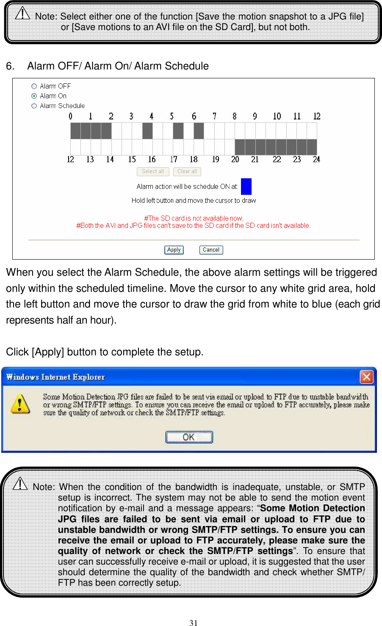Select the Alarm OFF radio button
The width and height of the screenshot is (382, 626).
pos(34,86)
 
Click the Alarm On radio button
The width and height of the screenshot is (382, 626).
pos(34,96)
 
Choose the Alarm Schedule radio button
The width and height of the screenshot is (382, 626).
pos(34,106)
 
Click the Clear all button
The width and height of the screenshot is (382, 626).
pos(187,172)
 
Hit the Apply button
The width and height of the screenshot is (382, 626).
pos(174,250)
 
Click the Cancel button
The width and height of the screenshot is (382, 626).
pos(211,250)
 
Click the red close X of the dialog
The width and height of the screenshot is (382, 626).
pos(366,377)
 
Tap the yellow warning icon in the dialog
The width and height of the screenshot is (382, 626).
pos(20,403)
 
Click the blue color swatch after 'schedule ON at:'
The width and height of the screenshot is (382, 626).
pos(246,186)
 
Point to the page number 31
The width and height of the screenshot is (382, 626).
pos(194,623)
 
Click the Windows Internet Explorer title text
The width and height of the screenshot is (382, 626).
pos(55,377)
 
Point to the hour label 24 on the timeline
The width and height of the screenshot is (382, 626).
pos(316,159)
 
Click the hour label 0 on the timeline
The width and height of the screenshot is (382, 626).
pos(71,116)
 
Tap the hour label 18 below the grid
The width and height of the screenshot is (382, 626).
pos(194,159)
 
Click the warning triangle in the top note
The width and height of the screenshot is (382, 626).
pos(22,14)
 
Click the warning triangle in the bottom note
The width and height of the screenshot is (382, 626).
pos(20,483)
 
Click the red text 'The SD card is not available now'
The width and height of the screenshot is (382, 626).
pos(194,218)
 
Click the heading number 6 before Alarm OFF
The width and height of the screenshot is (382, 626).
pos(10,66)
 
